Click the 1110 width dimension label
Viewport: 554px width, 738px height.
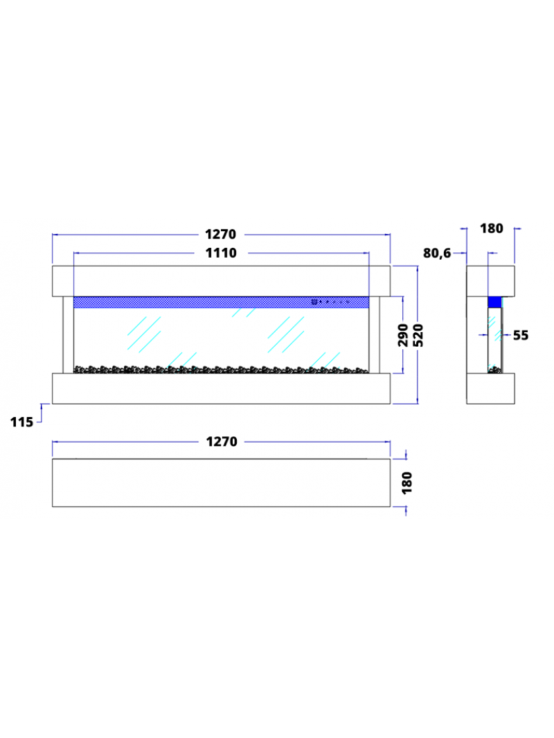(221, 253)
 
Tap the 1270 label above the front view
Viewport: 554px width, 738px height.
(220, 235)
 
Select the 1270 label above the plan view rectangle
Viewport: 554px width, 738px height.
(222, 442)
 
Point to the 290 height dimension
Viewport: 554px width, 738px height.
(403, 335)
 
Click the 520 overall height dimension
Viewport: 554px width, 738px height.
(418, 335)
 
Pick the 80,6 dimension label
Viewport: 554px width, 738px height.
(437, 253)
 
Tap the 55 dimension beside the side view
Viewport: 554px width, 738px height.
(520, 335)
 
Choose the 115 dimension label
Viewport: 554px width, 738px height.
(22, 422)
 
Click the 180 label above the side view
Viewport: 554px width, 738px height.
(491, 229)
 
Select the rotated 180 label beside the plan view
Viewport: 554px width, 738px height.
(408, 483)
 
